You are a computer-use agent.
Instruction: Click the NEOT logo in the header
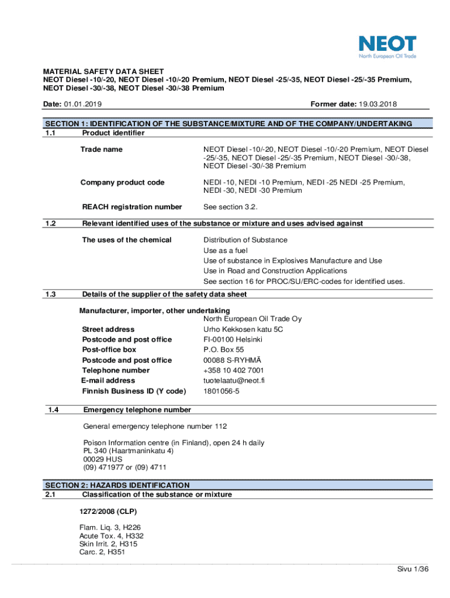click(x=387, y=47)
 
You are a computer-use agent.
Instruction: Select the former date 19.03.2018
click(x=378, y=104)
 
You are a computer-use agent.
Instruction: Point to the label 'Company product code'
click(x=123, y=183)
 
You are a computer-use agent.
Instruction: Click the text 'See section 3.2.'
click(x=230, y=207)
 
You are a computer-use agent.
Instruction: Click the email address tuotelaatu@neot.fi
click(x=234, y=381)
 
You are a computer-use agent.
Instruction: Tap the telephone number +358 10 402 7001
click(x=233, y=370)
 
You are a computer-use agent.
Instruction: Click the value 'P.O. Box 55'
click(x=223, y=350)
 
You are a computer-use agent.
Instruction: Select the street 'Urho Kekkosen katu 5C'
click(x=243, y=329)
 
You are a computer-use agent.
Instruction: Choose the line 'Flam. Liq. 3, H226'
click(x=110, y=527)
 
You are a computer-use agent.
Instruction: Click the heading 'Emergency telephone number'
click(x=137, y=410)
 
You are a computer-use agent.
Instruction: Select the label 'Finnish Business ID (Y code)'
click(x=134, y=391)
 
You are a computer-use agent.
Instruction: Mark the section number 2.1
click(x=50, y=495)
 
